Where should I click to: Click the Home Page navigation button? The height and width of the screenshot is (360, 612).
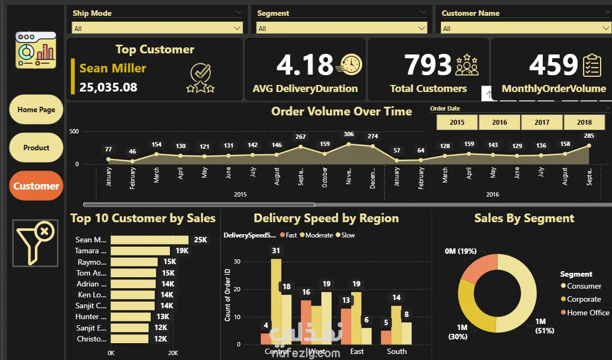coord(36,109)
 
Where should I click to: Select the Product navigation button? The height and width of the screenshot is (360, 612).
coord(36,148)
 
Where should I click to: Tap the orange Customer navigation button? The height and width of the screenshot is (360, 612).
coord(36,186)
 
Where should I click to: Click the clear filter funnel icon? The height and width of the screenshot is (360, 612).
coord(35,243)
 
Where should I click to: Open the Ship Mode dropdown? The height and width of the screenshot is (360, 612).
coord(157,28)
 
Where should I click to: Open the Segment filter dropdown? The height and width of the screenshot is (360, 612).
coord(342,28)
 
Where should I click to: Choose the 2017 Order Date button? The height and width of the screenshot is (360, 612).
coord(542,123)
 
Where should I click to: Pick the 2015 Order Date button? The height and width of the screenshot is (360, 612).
coord(457,123)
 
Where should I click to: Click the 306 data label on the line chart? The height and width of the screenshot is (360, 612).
coord(348,134)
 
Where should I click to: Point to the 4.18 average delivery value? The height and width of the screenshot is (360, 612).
coord(304,65)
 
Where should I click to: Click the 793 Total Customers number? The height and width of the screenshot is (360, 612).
coord(428,65)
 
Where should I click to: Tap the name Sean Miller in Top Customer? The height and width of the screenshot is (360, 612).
coord(113,69)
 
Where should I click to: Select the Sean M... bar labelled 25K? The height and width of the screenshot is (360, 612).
coord(149,240)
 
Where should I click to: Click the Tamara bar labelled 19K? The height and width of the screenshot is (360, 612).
coord(140,251)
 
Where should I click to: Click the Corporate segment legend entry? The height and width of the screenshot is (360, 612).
coord(584,299)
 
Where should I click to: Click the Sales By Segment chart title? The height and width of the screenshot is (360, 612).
coord(524,218)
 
